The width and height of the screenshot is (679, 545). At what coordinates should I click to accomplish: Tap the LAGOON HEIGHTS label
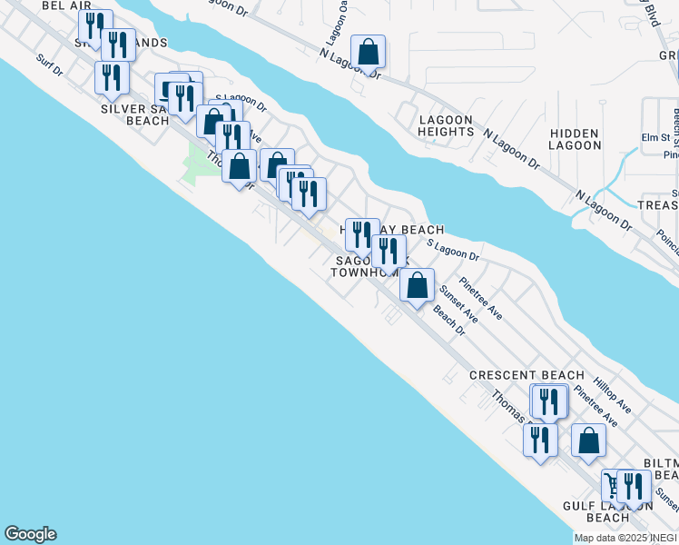445,125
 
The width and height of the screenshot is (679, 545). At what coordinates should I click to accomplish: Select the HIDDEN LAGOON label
575,139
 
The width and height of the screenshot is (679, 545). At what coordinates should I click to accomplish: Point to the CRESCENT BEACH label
526,375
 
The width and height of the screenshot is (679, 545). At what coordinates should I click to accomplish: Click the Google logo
30,534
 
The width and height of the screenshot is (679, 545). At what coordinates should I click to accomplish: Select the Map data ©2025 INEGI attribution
625,538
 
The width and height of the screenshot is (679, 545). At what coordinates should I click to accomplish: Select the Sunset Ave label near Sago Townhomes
458,304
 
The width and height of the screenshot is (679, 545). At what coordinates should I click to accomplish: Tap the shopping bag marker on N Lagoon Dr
369,53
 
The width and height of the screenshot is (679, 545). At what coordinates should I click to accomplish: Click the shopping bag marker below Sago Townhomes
417,287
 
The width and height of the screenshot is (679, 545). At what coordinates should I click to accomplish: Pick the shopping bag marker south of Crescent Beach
588,441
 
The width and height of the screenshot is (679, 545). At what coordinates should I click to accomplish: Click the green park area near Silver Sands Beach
197,163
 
